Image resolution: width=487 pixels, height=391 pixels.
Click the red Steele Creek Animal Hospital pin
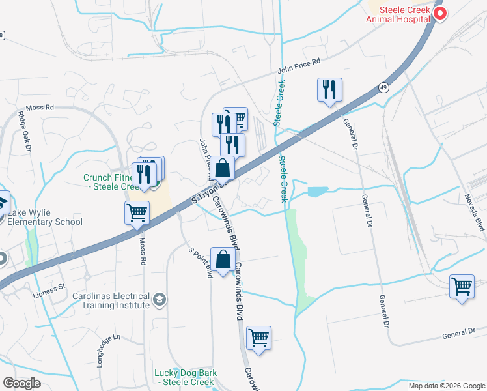tap(440, 13)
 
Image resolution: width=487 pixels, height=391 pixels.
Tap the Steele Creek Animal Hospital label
tap(398, 14)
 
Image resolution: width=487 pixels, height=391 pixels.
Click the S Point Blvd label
tap(201, 262)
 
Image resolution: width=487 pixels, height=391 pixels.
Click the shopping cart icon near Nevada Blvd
tap(462, 286)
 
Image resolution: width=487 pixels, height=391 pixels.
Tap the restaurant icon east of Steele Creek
tap(329, 89)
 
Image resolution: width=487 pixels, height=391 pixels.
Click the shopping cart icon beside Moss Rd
tap(137, 212)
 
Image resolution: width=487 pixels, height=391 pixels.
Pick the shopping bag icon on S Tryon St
tap(223, 167)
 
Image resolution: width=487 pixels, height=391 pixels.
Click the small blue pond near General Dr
tap(318, 192)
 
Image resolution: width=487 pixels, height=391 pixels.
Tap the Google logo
tap(21, 383)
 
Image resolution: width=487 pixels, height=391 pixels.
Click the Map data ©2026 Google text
tap(447, 386)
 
